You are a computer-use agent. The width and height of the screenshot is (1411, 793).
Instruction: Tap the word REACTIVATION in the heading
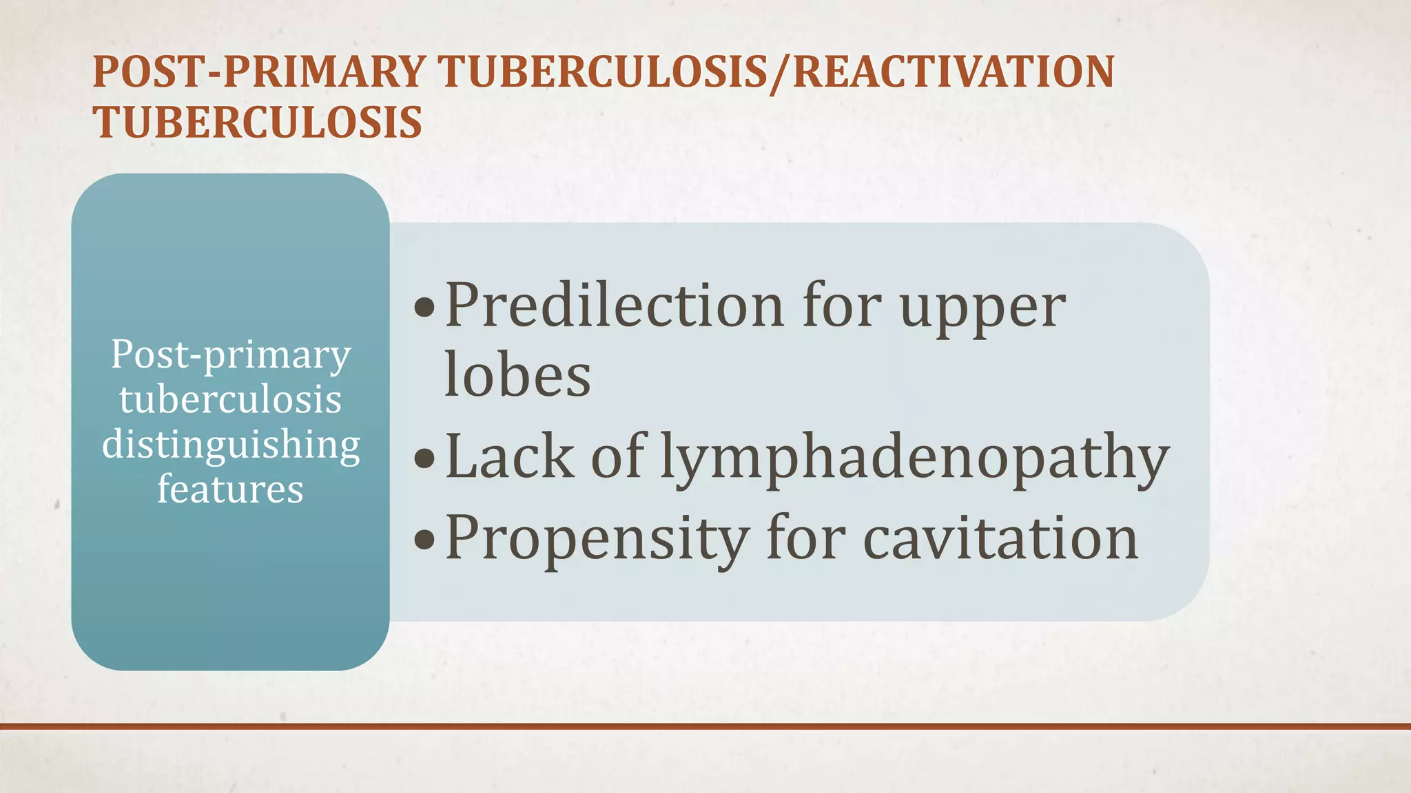pyautogui.click(x=954, y=72)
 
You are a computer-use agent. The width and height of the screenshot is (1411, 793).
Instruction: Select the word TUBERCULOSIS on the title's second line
pyautogui.click(x=258, y=123)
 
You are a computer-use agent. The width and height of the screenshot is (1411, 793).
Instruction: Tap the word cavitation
pyautogui.click(x=1000, y=538)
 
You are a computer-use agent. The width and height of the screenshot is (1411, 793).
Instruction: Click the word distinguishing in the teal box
pyautogui.click(x=231, y=446)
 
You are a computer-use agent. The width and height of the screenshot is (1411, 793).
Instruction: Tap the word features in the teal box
pyautogui.click(x=230, y=489)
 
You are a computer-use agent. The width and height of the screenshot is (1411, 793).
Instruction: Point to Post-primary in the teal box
pyautogui.click(x=231, y=357)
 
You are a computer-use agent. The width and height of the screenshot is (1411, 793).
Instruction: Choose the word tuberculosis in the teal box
pyautogui.click(x=230, y=400)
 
